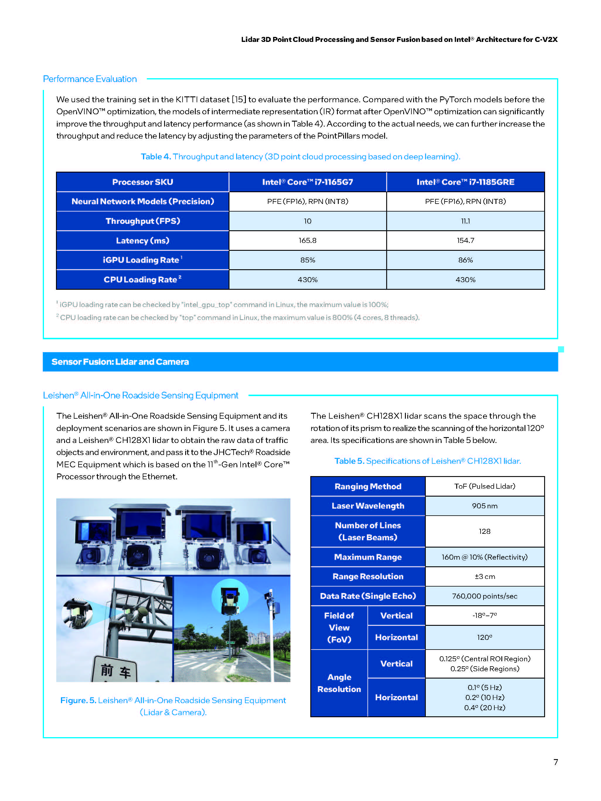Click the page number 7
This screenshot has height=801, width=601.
(555, 762)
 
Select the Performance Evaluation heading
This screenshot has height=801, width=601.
(90, 79)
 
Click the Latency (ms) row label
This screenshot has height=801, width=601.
(142, 241)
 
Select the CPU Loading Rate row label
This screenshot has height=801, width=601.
(142, 280)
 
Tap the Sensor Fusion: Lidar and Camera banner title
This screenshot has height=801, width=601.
(120, 362)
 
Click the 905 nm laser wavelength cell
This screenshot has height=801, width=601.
(484, 506)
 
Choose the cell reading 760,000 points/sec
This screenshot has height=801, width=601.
(484, 596)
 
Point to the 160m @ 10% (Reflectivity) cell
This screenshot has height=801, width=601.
(484, 557)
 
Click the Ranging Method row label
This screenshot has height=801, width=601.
(368, 486)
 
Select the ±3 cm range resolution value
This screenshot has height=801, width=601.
(484, 577)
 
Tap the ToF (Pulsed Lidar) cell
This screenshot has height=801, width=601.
(484, 486)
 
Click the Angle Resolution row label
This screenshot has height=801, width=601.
(339, 683)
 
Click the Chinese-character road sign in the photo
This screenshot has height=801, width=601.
(115, 671)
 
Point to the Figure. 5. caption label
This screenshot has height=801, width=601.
(78, 700)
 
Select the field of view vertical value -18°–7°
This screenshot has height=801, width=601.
(484, 615)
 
